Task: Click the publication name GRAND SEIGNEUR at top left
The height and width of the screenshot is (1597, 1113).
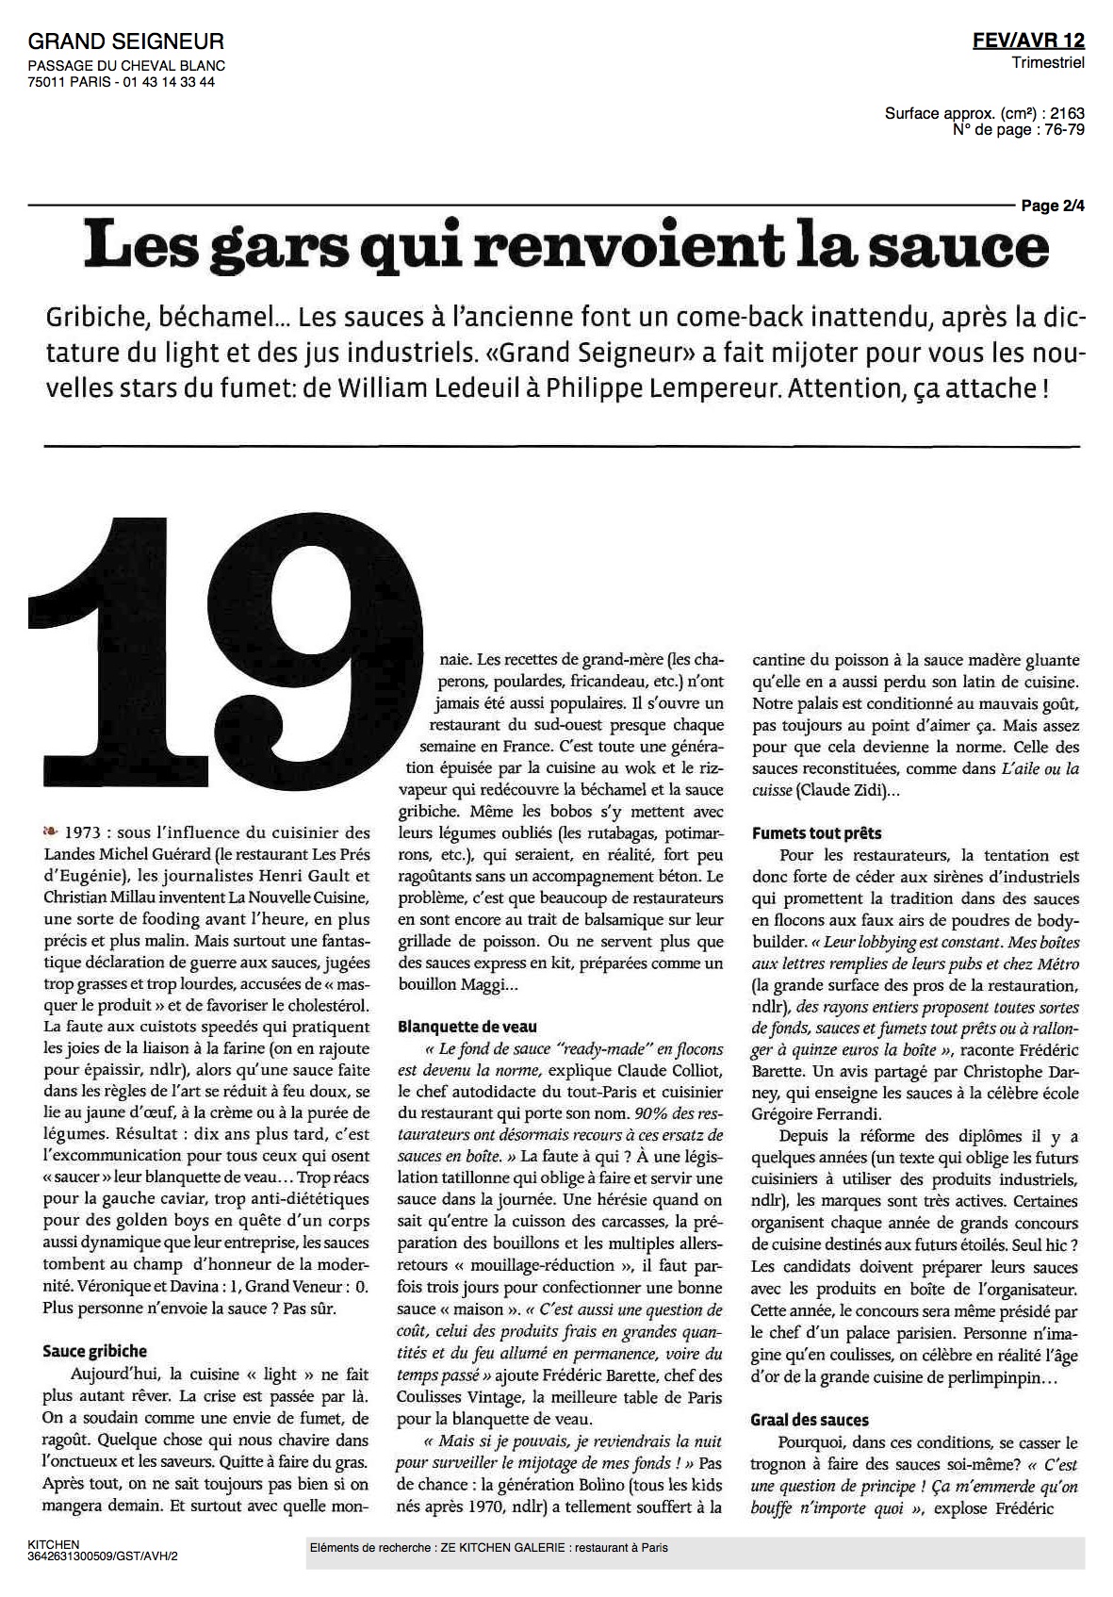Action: (126, 41)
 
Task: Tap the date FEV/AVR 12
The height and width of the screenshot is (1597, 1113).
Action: (1028, 41)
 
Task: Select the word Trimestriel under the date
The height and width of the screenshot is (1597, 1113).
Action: (1048, 62)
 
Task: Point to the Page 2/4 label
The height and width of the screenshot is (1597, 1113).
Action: (1052, 206)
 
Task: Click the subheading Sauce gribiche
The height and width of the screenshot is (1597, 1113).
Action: (95, 1351)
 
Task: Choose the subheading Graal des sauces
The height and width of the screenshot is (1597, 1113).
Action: (810, 1420)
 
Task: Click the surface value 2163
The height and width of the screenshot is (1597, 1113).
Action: (1066, 113)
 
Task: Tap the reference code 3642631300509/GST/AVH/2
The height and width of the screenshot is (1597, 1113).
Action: (103, 1556)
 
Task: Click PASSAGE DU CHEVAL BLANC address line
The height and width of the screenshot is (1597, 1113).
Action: (126, 66)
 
